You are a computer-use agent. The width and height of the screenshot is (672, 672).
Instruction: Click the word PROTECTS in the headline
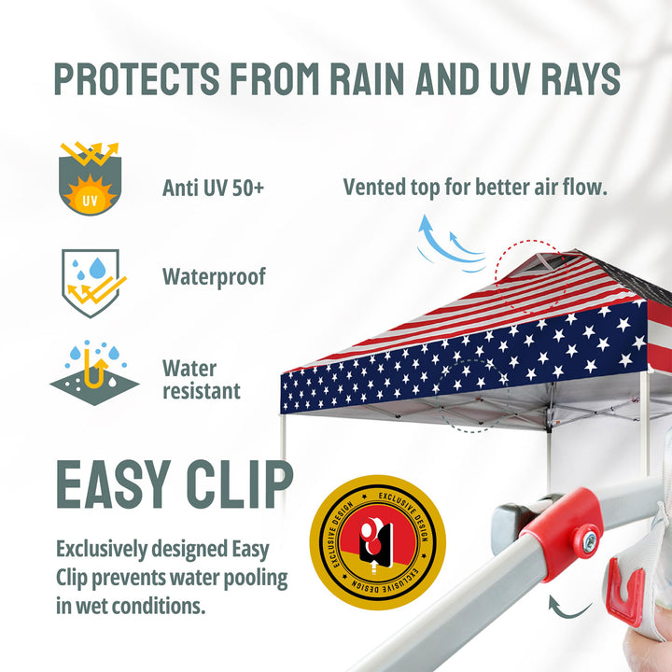click(x=137, y=78)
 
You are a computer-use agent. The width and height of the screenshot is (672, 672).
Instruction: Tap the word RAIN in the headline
click(x=367, y=78)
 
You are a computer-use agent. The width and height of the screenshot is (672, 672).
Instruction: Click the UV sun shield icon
click(x=90, y=178)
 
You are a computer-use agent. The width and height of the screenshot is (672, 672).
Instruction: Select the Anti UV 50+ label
click(x=213, y=188)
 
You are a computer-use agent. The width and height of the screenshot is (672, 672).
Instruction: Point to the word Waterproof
click(x=214, y=277)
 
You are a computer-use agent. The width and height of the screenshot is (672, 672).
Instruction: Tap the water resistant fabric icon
click(x=94, y=372)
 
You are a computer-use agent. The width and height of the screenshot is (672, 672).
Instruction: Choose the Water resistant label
click(x=201, y=380)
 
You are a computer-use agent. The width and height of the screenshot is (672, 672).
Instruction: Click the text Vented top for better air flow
click(x=475, y=188)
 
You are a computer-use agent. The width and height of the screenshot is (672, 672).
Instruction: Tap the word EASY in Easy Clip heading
click(x=114, y=484)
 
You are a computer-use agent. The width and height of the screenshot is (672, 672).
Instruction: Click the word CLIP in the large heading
click(x=240, y=484)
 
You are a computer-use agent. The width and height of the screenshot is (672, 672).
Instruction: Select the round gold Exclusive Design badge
click(x=378, y=542)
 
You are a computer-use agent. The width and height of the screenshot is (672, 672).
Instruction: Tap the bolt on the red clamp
click(x=589, y=539)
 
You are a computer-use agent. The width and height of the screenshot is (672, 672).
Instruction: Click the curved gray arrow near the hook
click(x=567, y=608)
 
